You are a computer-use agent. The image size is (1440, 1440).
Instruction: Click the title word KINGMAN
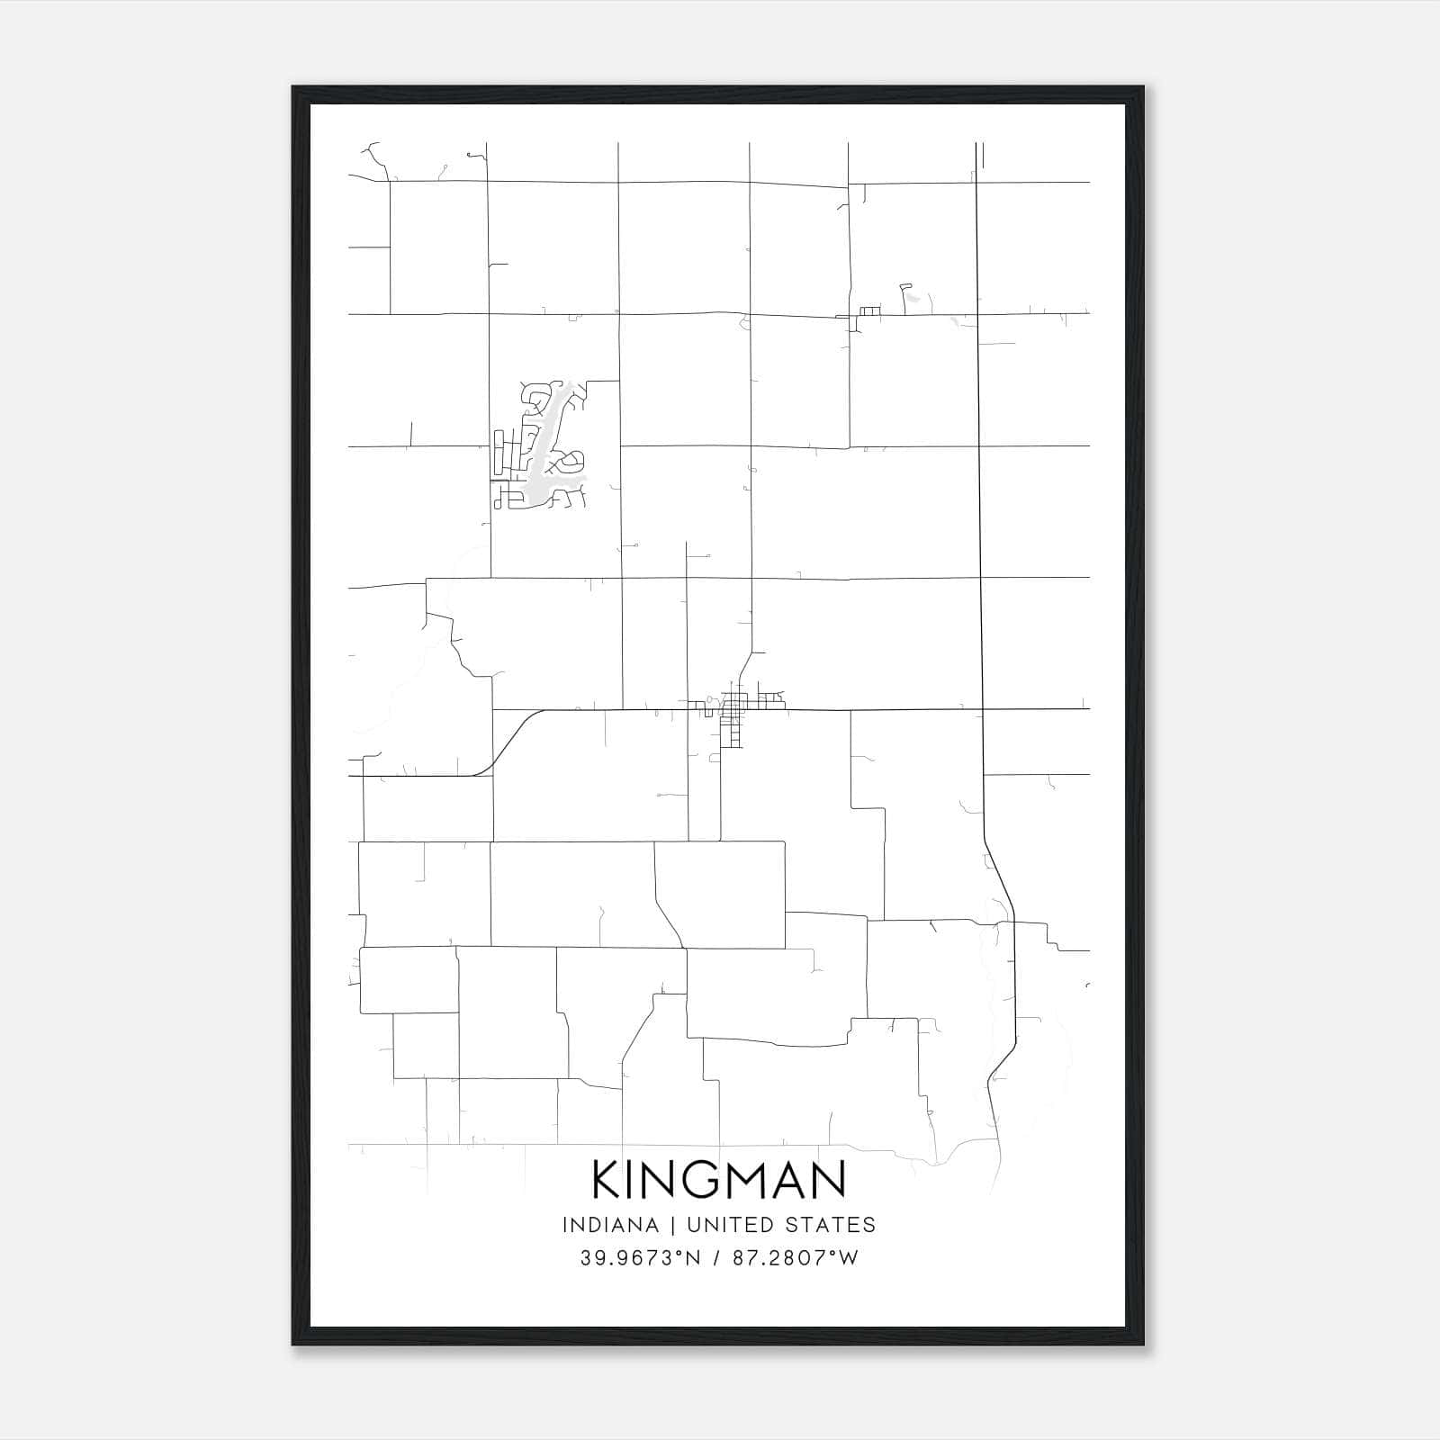[x=719, y=1179]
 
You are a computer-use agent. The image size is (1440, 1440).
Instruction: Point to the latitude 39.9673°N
[x=640, y=1257]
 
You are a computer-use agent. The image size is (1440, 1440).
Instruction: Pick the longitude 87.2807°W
[x=794, y=1257]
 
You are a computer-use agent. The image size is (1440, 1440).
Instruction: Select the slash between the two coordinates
[x=717, y=1257]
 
